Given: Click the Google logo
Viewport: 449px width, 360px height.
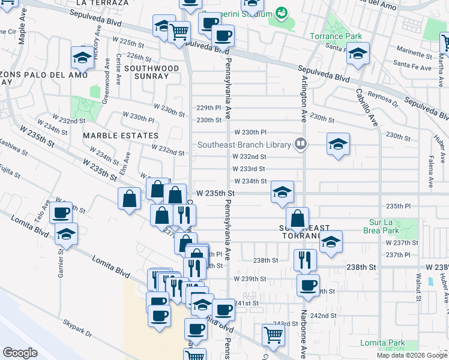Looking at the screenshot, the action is pyautogui.click(x=20, y=353).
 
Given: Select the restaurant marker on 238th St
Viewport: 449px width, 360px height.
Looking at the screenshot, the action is pyautogui.click(x=305, y=260).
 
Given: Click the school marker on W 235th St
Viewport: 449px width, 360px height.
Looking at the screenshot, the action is pyautogui.click(x=282, y=192).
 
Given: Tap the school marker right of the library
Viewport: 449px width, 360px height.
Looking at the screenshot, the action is pyautogui.click(x=339, y=144).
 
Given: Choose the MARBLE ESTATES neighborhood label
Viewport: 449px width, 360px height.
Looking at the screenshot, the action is pyautogui.click(x=121, y=136).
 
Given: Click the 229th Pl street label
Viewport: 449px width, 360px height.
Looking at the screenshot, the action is pyautogui.click(x=209, y=108).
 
